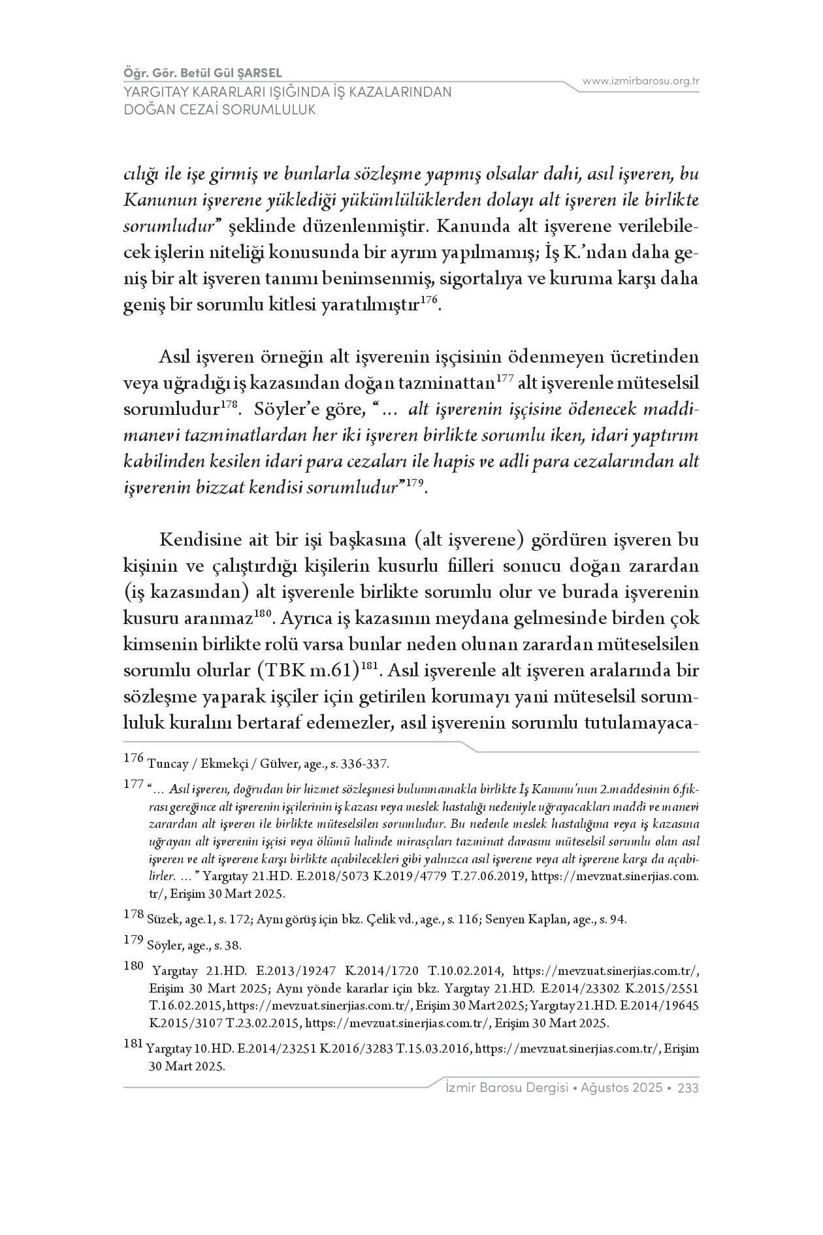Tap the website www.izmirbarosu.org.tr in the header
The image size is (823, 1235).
point(641,82)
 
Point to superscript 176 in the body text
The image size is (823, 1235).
point(429,300)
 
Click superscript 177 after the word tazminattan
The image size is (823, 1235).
point(505,378)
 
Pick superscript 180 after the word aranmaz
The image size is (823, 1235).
point(263,613)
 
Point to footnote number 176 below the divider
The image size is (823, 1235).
point(133,759)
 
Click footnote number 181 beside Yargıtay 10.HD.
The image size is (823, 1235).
point(133,1044)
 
